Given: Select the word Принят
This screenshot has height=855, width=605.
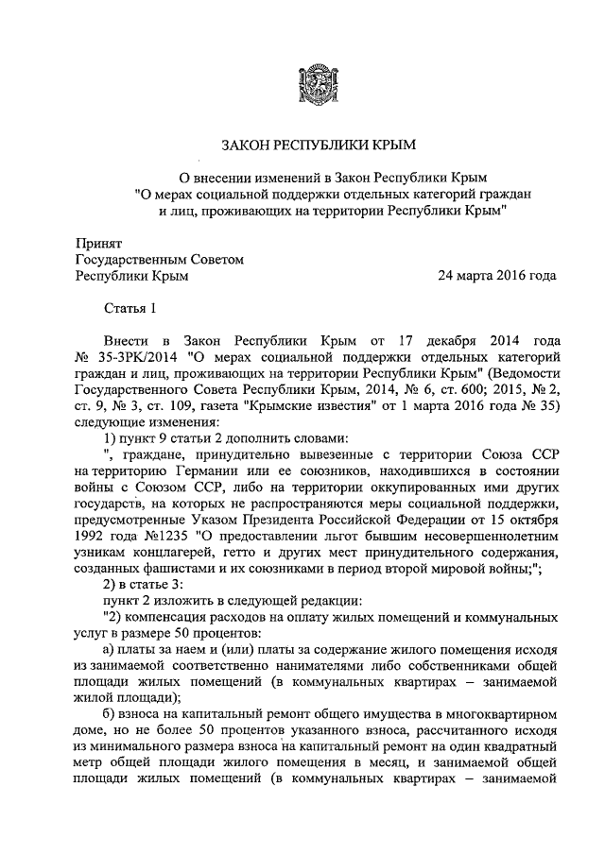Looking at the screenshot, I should point(97,243).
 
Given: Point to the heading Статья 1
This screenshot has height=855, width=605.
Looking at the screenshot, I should point(128,308).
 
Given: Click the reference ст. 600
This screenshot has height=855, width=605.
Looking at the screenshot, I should point(457,390).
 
